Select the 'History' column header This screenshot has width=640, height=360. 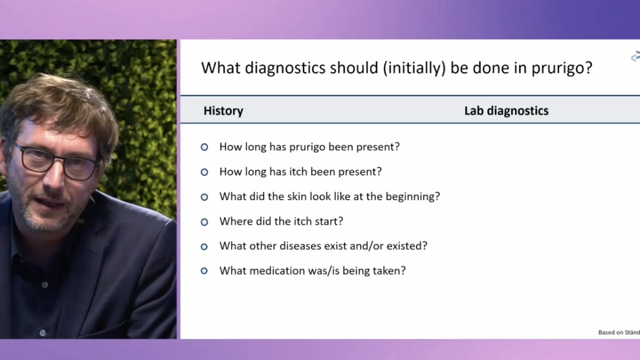pyautogui.click(x=224, y=111)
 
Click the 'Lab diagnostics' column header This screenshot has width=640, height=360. pyautogui.click(x=506, y=111)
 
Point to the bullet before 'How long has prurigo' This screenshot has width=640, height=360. pyautogui.click(x=204, y=147)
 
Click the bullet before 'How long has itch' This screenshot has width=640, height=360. pyautogui.click(x=204, y=172)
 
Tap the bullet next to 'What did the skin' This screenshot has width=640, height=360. pyautogui.click(x=204, y=196)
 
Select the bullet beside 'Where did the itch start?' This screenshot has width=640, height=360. pyautogui.click(x=204, y=222)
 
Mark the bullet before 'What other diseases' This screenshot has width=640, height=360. pyautogui.click(x=204, y=246)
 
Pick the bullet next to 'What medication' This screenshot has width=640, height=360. pyautogui.click(x=204, y=271)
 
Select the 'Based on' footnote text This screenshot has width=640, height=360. pyautogui.click(x=619, y=332)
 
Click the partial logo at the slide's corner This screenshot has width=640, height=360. pyautogui.click(x=635, y=56)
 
